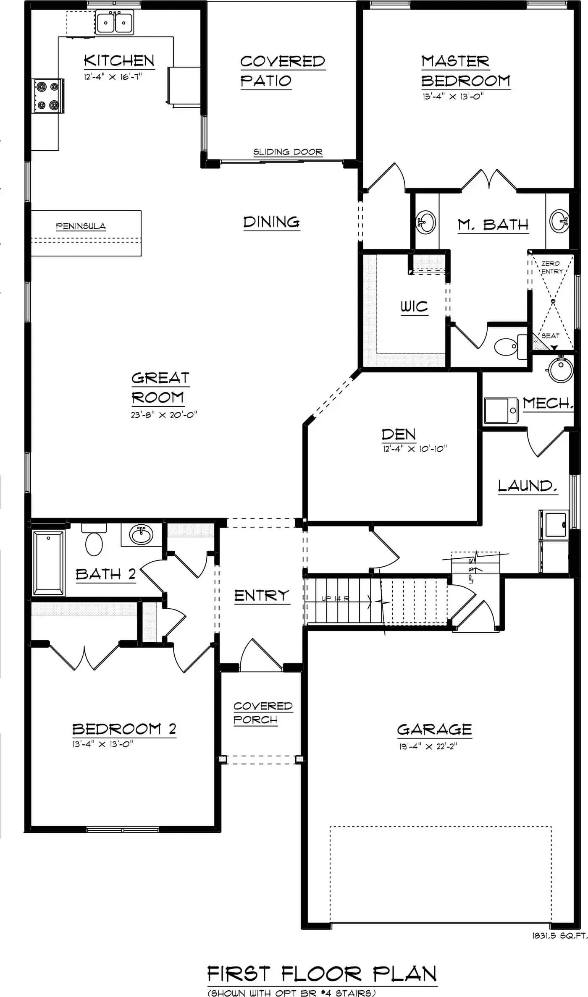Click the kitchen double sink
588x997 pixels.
click(115, 23)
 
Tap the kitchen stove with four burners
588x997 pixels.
click(48, 96)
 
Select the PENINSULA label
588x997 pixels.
click(81, 226)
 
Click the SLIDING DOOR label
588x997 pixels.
click(288, 152)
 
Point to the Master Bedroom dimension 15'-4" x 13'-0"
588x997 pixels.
click(453, 96)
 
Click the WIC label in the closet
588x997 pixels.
click(414, 307)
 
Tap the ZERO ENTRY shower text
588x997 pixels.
click(551, 267)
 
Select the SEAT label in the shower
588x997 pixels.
click(550, 336)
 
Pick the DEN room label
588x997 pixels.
click(399, 434)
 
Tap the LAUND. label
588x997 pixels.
click(528, 486)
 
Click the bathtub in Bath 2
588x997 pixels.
click(48, 563)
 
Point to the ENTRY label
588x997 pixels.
click(262, 595)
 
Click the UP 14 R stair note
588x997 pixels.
click(335, 598)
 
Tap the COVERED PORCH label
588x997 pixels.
click(262, 713)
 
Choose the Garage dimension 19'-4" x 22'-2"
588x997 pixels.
click(428, 746)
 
